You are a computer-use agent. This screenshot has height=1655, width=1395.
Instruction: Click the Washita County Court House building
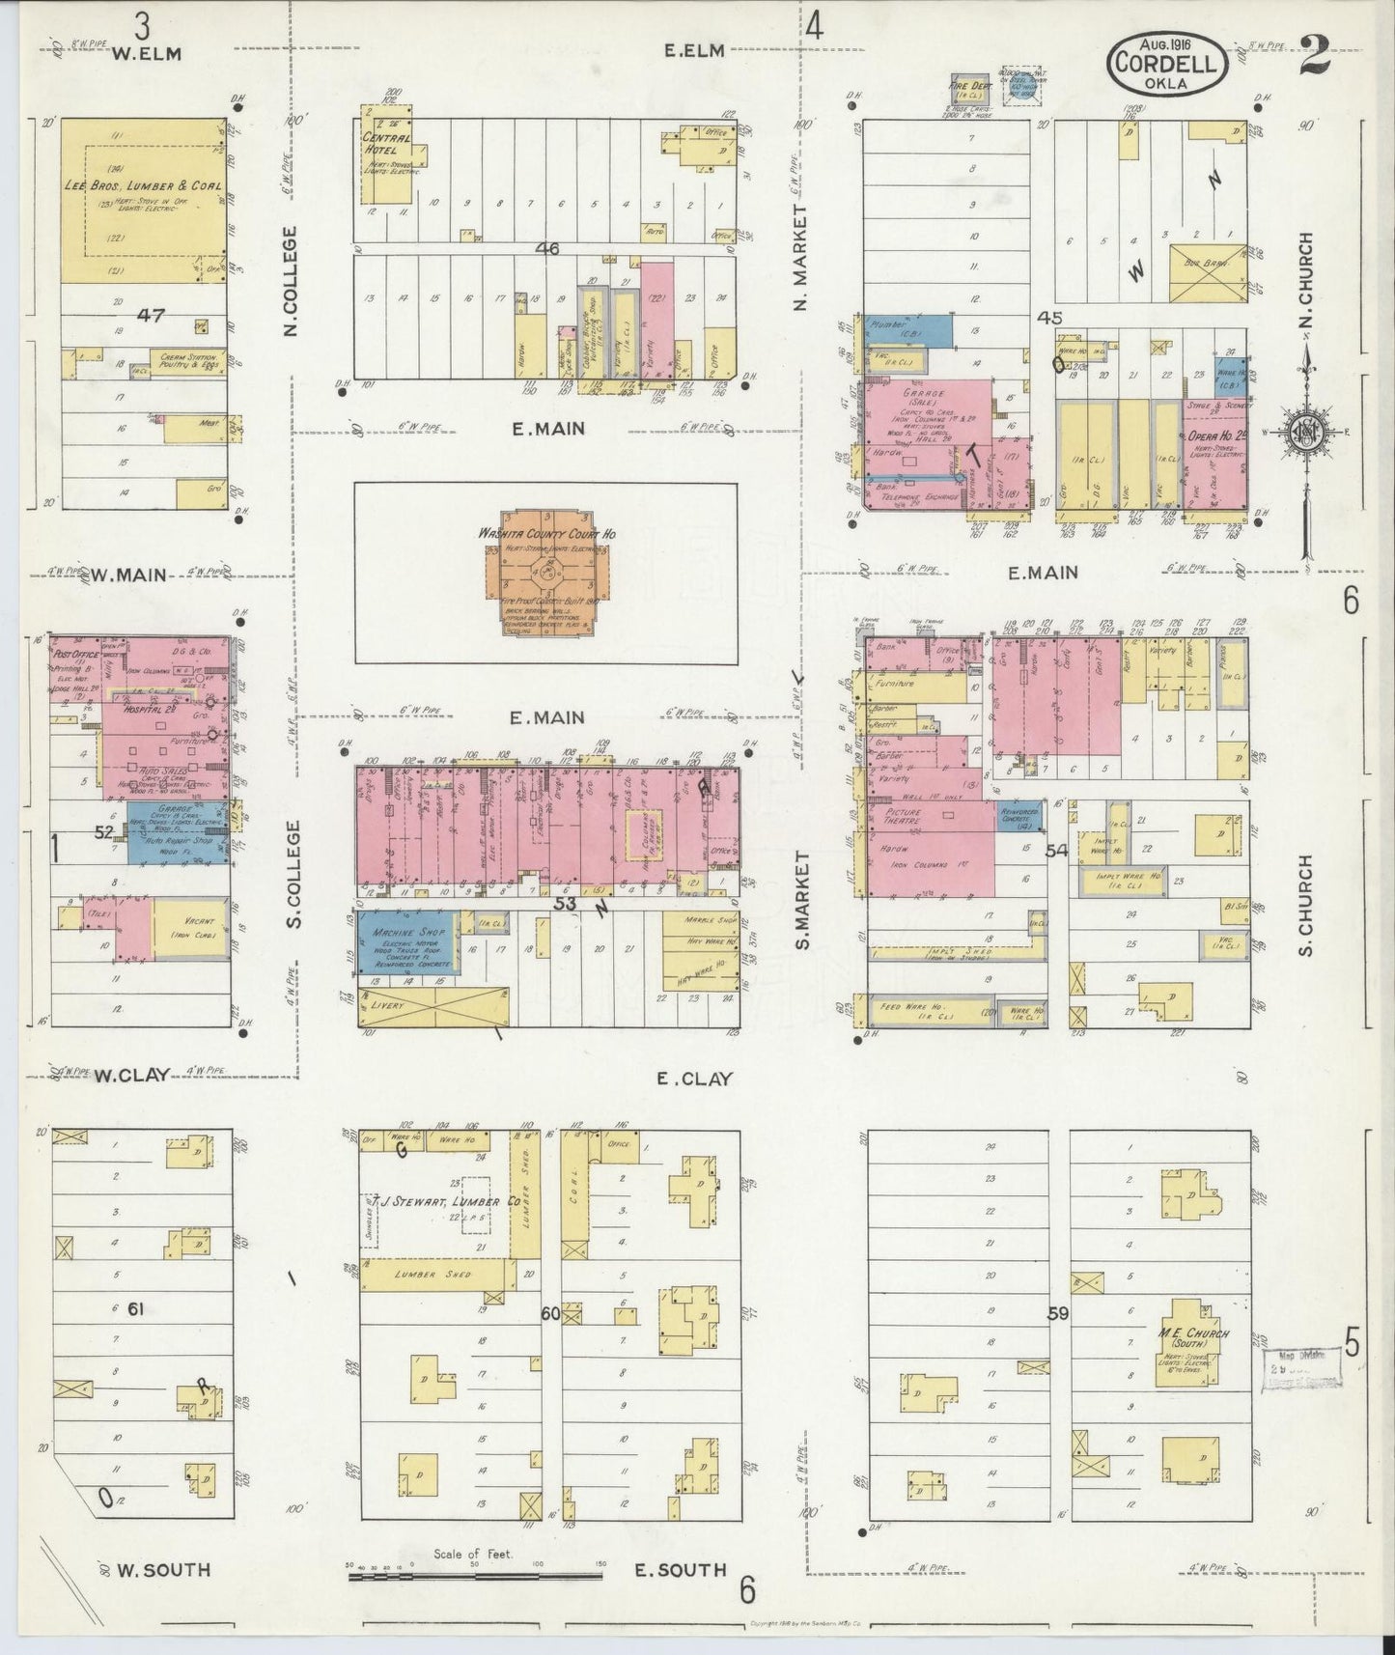point(546,573)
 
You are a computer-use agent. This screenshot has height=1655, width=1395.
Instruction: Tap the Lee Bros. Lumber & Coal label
point(143,185)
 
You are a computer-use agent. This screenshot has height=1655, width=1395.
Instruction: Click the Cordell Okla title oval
point(1167,60)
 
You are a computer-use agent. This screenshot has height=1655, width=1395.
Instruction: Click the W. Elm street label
point(146,54)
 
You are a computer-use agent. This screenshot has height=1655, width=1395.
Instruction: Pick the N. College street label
point(291,281)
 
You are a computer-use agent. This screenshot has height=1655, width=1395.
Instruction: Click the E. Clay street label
point(694,1079)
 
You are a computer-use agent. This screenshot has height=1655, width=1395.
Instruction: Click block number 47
point(152,315)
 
